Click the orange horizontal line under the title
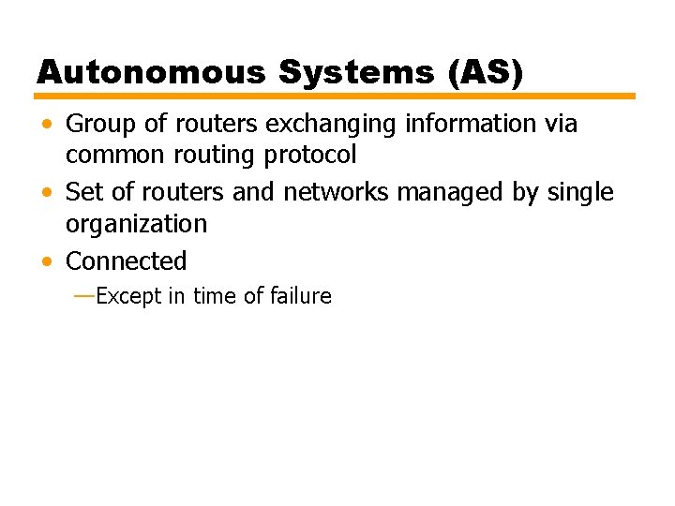(x=336, y=96)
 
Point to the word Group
(x=99, y=124)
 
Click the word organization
(x=136, y=224)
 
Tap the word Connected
(x=127, y=260)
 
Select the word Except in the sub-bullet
(x=129, y=296)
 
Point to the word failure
(x=300, y=296)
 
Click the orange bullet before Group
(x=47, y=125)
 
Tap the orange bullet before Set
(x=47, y=193)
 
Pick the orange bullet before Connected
(x=47, y=261)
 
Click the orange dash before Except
(x=82, y=296)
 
